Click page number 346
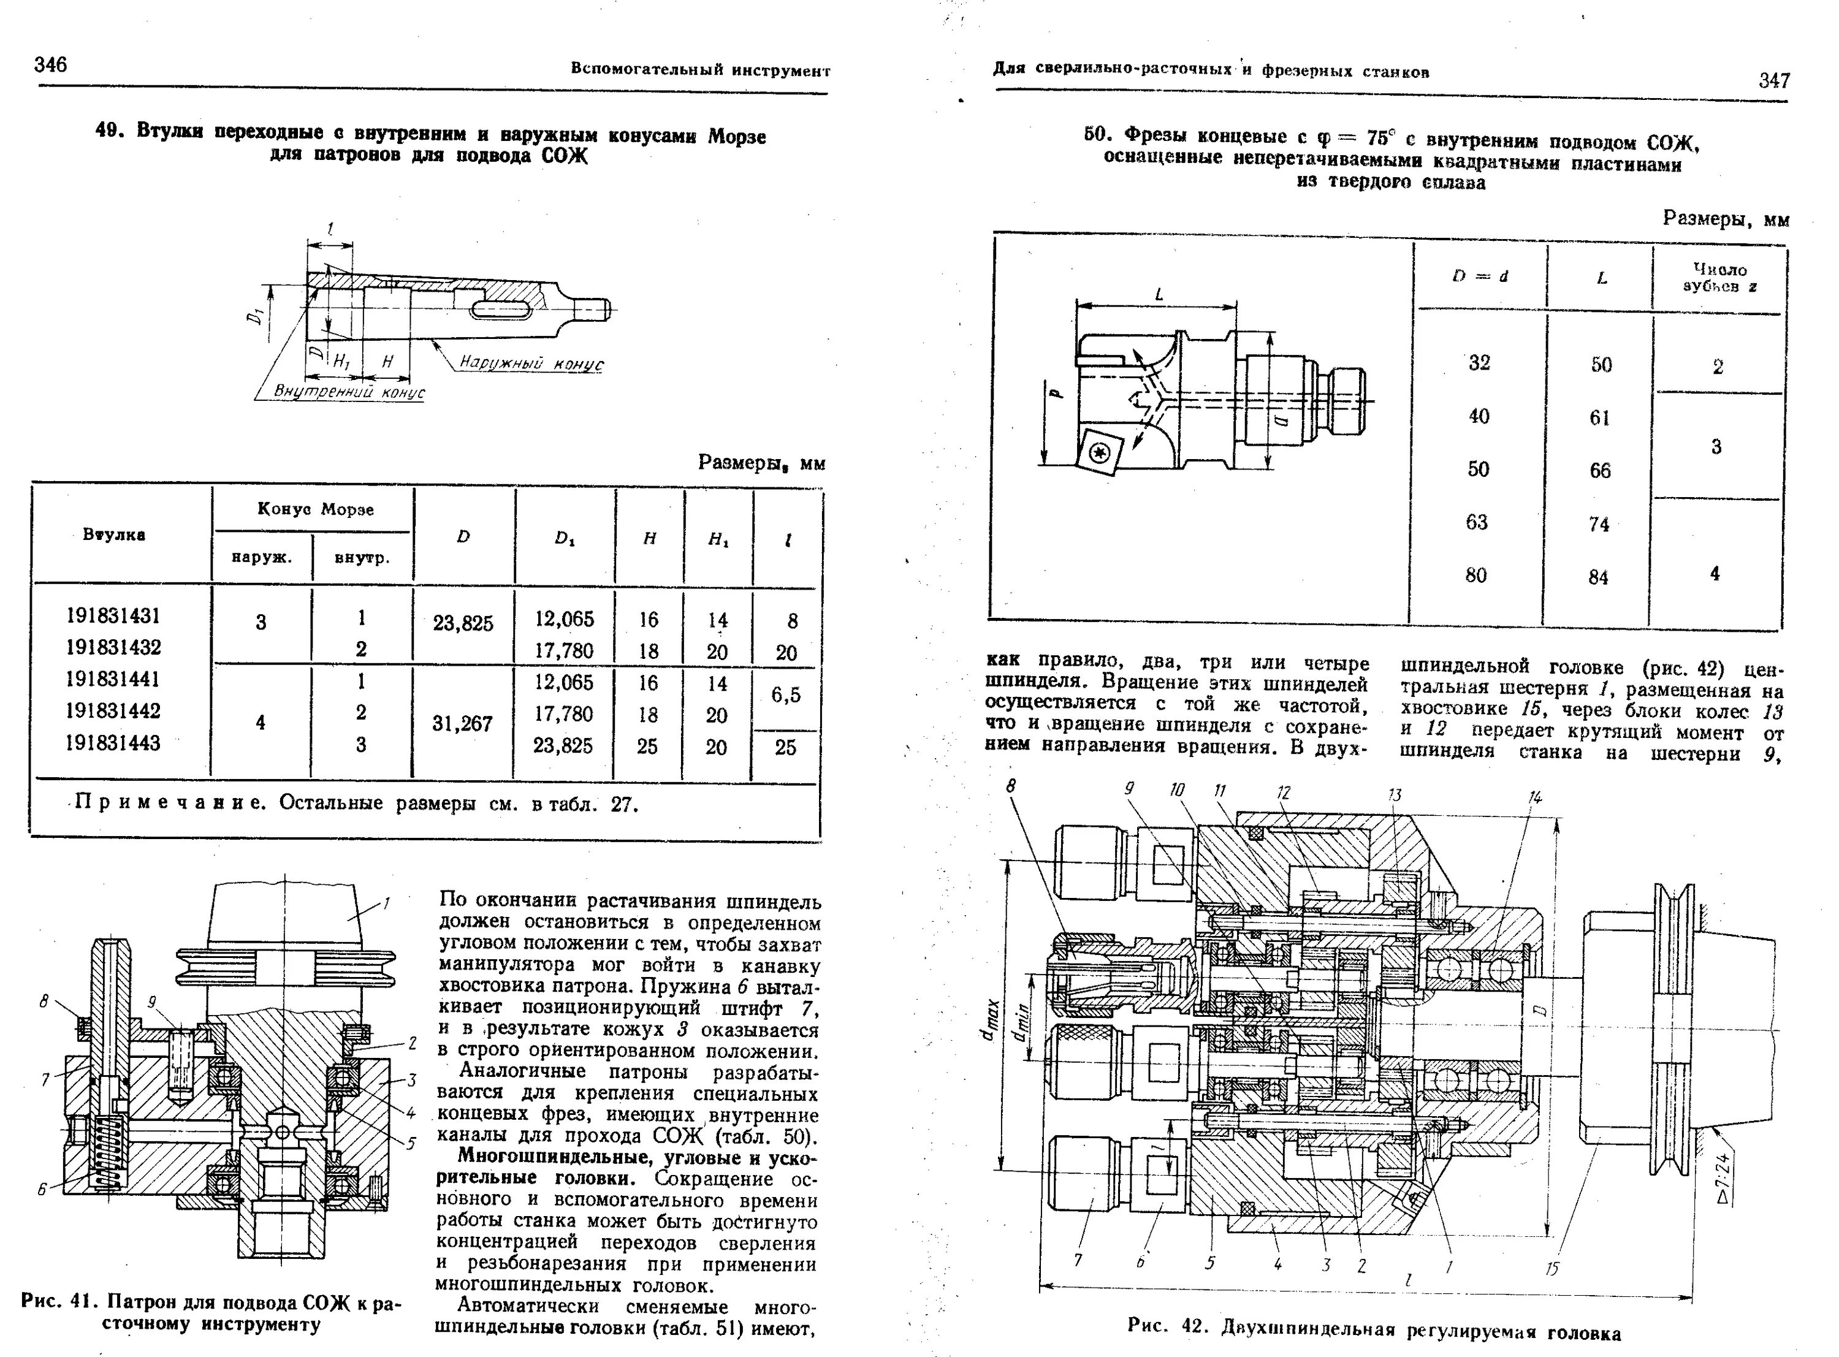point(51,65)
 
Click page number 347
point(1774,80)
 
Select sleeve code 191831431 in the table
point(113,615)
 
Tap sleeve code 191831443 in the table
point(113,743)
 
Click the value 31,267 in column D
point(462,724)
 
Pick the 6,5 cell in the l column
point(785,695)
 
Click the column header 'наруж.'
point(261,557)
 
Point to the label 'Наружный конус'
point(531,363)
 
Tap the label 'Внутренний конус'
point(349,393)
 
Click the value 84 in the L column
point(1597,577)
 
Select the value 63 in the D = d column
point(1477,522)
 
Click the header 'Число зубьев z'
point(1719,278)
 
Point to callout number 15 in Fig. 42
point(1551,1269)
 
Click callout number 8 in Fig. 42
point(1011,786)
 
